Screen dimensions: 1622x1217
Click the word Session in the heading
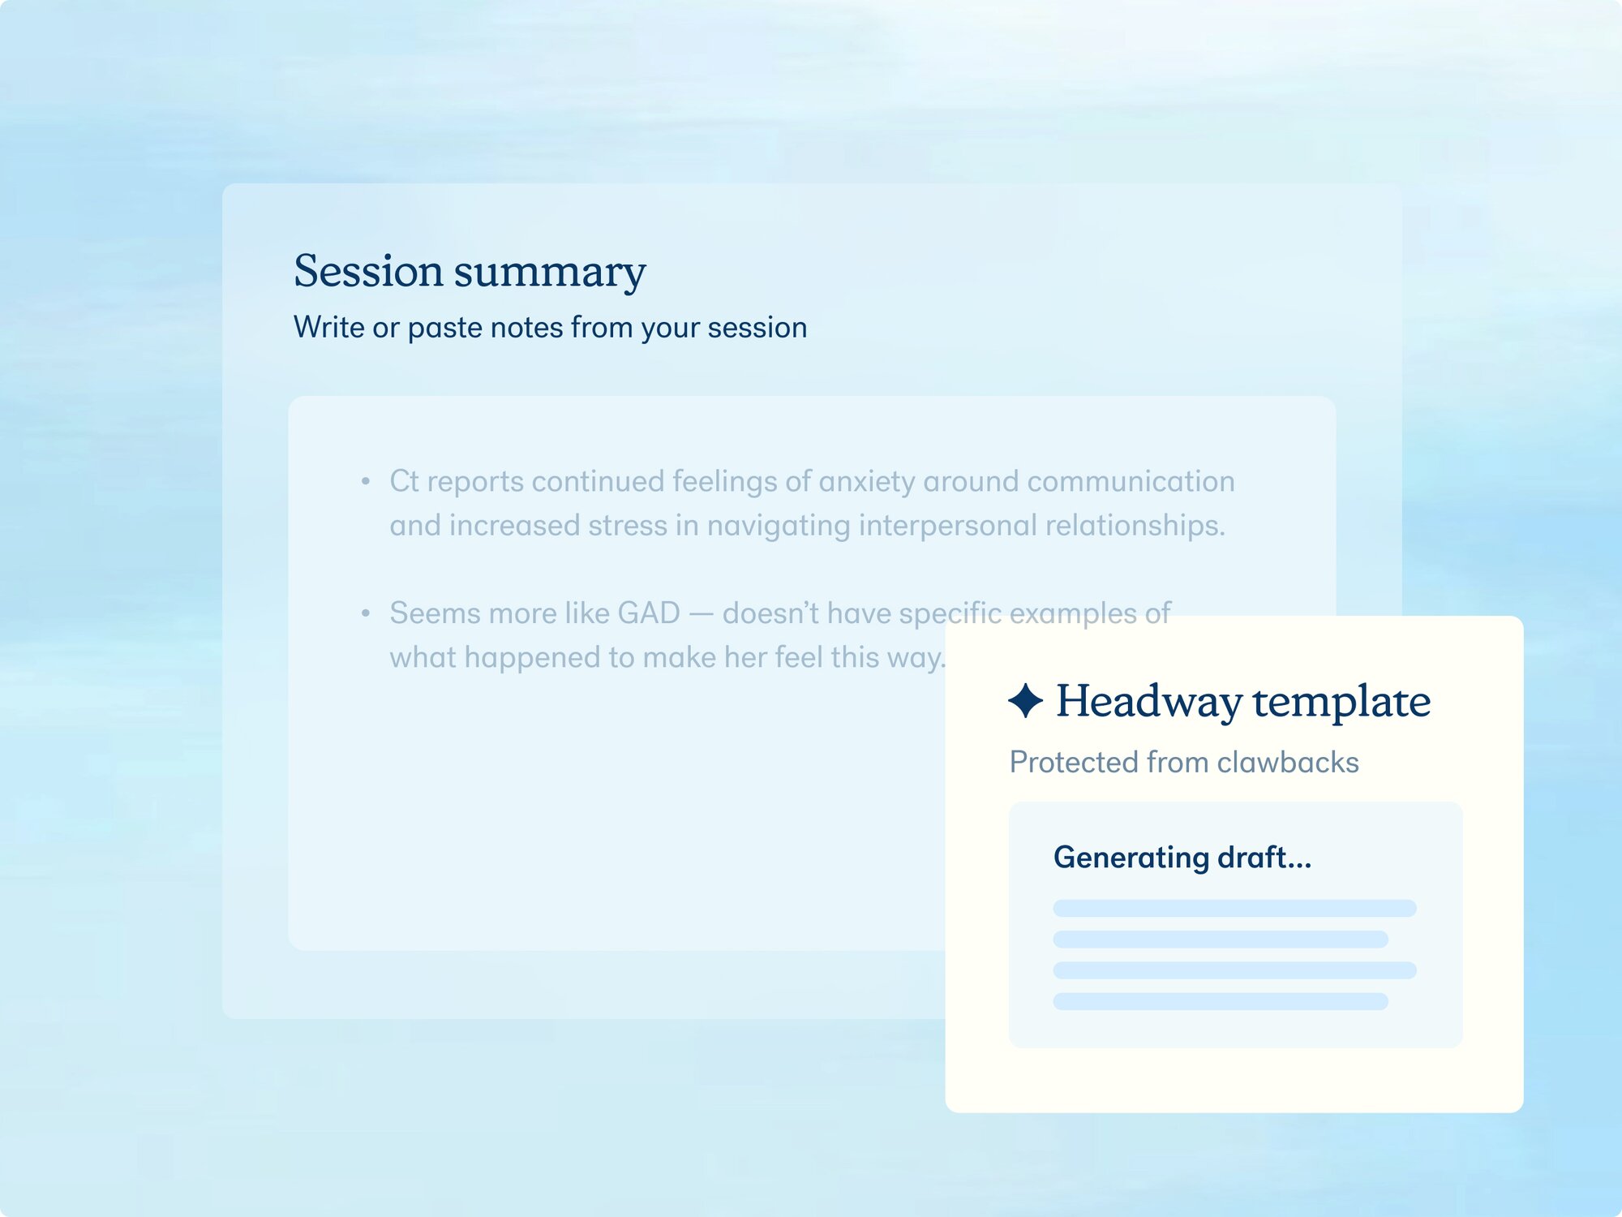(368, 270)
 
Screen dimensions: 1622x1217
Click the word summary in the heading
(550, 273)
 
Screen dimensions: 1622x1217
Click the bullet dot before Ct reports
(366, 482)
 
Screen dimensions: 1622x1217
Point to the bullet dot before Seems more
(366, 614)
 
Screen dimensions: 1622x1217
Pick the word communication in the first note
(1131, 481)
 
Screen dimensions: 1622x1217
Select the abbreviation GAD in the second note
(649, 613)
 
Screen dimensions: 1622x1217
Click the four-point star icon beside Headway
(1025, 700)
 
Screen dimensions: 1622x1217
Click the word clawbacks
(1288, 763)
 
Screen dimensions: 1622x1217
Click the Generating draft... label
(1182, 858)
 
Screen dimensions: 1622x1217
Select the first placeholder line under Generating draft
(1234, 908)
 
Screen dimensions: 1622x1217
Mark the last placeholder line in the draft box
(1221, 1001)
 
